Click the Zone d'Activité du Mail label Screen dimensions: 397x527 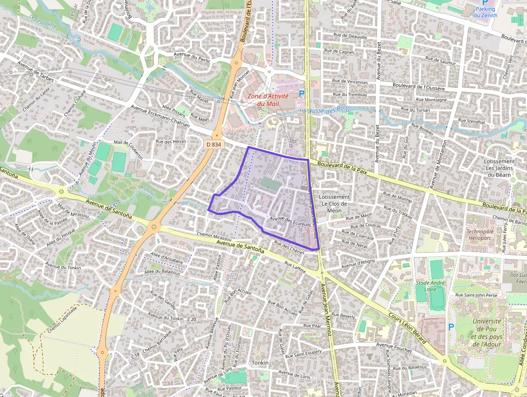(268, 100)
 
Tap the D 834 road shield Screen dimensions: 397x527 (213, 144)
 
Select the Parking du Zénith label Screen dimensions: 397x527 (485, 12)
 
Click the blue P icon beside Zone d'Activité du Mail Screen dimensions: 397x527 (302, 94)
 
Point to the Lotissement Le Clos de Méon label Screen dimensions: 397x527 (334, 204)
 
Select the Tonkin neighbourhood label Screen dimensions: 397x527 (260, 363)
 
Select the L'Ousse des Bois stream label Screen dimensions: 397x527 (326, 109)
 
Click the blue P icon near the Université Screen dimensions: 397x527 (451, 327)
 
